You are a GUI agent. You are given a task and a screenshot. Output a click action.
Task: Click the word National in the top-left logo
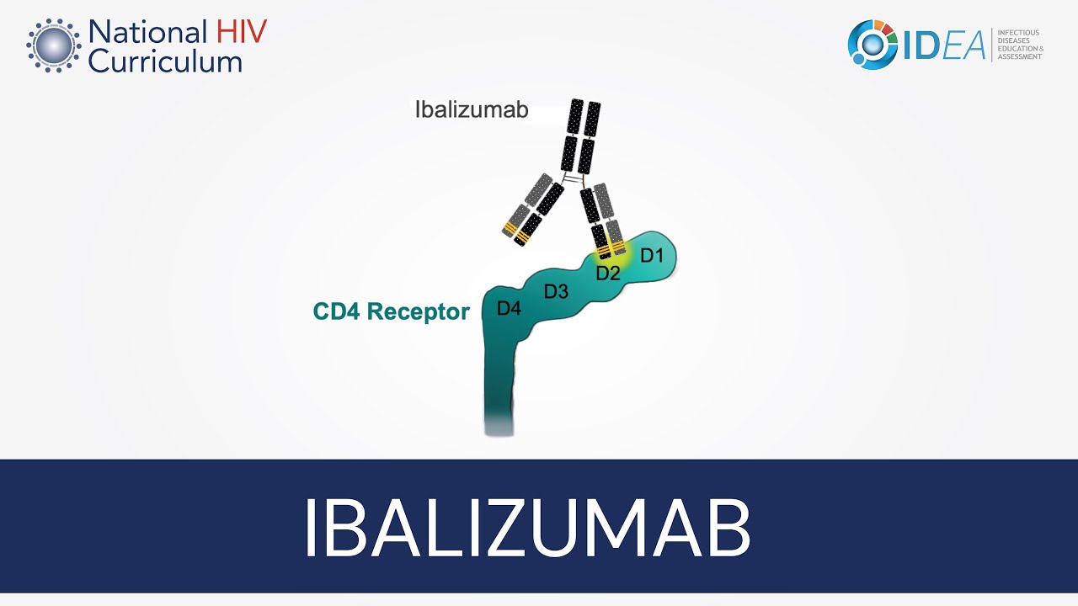coord(147,33)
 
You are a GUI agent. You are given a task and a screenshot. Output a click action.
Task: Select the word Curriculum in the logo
coord(165,61)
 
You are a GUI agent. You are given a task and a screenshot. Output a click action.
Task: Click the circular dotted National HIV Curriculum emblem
coord(53,45)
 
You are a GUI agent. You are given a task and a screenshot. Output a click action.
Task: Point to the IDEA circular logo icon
coord(872,45)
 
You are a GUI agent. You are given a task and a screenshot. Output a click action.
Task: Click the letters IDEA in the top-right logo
coord(944,46)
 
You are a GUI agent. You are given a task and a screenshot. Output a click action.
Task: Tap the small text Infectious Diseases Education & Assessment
coord(1020,45)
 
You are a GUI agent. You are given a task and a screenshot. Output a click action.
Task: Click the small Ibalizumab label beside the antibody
coord(472,109)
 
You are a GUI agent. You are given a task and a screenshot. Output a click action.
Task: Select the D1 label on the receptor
coord(652,255)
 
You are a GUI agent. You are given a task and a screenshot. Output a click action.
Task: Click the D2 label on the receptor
coord(608,274)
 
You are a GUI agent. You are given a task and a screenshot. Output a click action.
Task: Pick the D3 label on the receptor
coord(556,292)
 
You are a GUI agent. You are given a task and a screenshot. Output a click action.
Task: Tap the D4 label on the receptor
coord(509,309)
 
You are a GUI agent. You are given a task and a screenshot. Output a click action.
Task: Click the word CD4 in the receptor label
coord(336,312)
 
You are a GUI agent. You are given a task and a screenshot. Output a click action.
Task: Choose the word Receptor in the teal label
coord(419,312)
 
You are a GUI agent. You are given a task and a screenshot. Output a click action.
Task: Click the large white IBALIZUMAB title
coord(526,528)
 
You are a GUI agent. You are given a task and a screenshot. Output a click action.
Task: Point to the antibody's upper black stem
coord(582,136)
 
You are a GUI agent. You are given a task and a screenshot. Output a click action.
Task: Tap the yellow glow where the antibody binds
coord(609,250)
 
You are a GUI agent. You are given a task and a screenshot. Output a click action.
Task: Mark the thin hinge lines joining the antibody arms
coord(574,181)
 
